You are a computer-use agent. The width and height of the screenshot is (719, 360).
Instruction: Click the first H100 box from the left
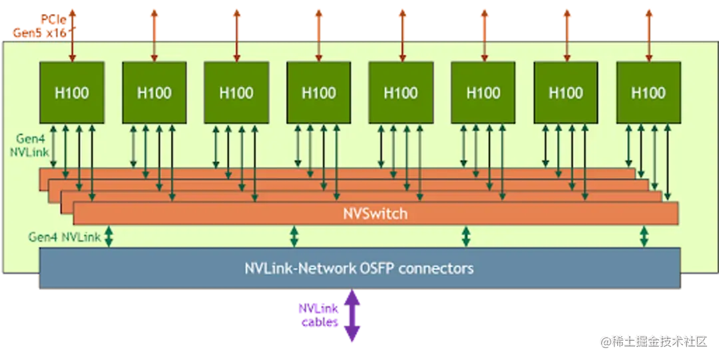[x=72, y=92]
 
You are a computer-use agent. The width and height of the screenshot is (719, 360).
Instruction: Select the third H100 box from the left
[x=236, y=92]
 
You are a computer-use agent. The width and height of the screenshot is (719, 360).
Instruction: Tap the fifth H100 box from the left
[x=401, y=92]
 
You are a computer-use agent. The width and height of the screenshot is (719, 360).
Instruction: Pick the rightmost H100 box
[x=648, y=92]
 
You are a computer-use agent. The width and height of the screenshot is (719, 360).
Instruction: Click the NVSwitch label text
[x=375, y=214]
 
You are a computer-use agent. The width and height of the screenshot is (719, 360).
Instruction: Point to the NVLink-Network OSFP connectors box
[x=360, y=268]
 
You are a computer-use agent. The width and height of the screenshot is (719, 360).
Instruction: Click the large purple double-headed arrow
[x=352, y=315]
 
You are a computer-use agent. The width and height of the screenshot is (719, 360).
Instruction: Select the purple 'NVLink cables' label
[x=319, y=315]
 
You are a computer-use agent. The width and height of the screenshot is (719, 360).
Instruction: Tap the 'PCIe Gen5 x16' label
[x=41, y=26]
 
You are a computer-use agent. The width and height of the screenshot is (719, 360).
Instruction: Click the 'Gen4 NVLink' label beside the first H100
[x=29, y=145]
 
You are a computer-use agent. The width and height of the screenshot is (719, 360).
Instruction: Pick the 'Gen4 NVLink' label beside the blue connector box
[x=65, y=237]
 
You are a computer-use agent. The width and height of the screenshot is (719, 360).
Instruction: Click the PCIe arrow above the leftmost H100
[x=72, y=35]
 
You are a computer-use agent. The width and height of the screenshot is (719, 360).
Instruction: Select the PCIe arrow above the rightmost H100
[x=648, y=35]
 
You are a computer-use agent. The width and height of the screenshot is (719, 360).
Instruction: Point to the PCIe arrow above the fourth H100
[x=319, y=35]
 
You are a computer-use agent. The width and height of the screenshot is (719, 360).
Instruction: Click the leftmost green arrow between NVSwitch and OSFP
[x=109, y=237]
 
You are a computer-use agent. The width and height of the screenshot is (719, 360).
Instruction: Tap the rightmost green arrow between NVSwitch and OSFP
[x=644, y=237]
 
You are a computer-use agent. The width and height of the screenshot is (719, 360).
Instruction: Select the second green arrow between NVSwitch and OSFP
[x=294, y=237]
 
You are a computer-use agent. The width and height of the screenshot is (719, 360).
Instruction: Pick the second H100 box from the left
[x=154, y=92]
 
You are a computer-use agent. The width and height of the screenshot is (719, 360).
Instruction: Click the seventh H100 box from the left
[x=566, y=92]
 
